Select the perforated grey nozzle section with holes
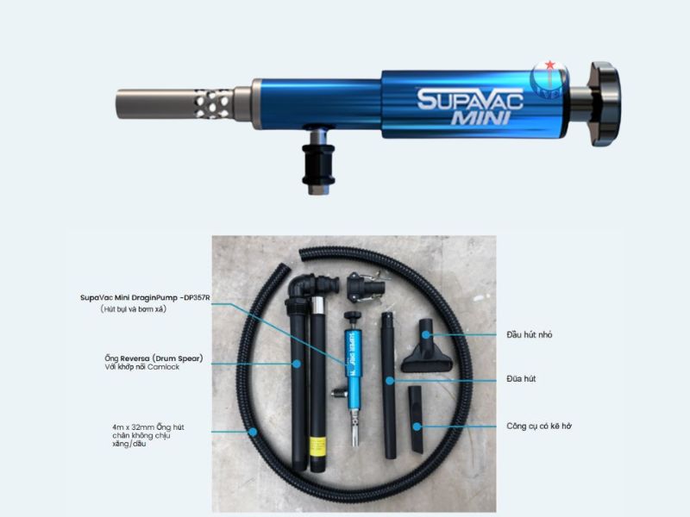pyautogui.click(x=212, y=103)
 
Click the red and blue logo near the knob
pyautogui.click(x=546, y=78)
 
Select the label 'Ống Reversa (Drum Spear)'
pyautogui.click(x=152, y=358)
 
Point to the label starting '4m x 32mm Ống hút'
pyautogui.click(x=147, y=427)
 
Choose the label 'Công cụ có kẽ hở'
pyautogui.click(x=540, y=426)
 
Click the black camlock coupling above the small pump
pyautogui.click(x=361, y=288)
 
